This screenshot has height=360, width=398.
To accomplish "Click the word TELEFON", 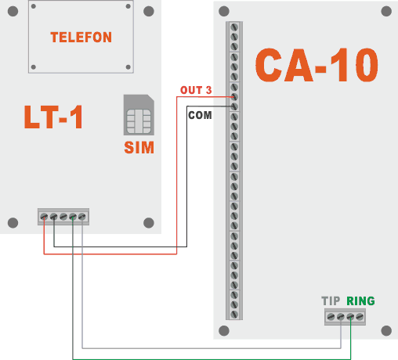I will point(81,38).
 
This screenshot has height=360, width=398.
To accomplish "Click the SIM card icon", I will point(138,116).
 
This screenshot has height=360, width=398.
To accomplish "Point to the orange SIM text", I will point(139,148).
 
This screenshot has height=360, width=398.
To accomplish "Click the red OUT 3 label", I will point(195,91).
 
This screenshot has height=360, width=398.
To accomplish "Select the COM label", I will point(199,114).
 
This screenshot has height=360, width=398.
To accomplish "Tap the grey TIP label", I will point(331,301).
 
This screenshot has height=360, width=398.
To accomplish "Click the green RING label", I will point(360,301).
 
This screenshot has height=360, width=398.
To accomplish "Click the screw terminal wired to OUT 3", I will point(234,96).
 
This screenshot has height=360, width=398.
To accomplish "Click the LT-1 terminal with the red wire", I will point(44,217).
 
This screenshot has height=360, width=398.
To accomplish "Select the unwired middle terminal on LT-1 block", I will point(63,217).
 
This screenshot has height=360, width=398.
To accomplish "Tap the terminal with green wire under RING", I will point(350,317).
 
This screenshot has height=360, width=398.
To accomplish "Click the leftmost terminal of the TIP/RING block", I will point(331,317).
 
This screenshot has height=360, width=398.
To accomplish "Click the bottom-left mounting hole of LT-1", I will point(13,223).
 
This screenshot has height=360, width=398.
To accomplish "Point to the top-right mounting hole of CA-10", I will point(385,13).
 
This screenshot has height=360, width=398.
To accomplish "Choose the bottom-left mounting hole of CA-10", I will point(224,330).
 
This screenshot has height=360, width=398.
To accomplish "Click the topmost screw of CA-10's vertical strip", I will point(234,27).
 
